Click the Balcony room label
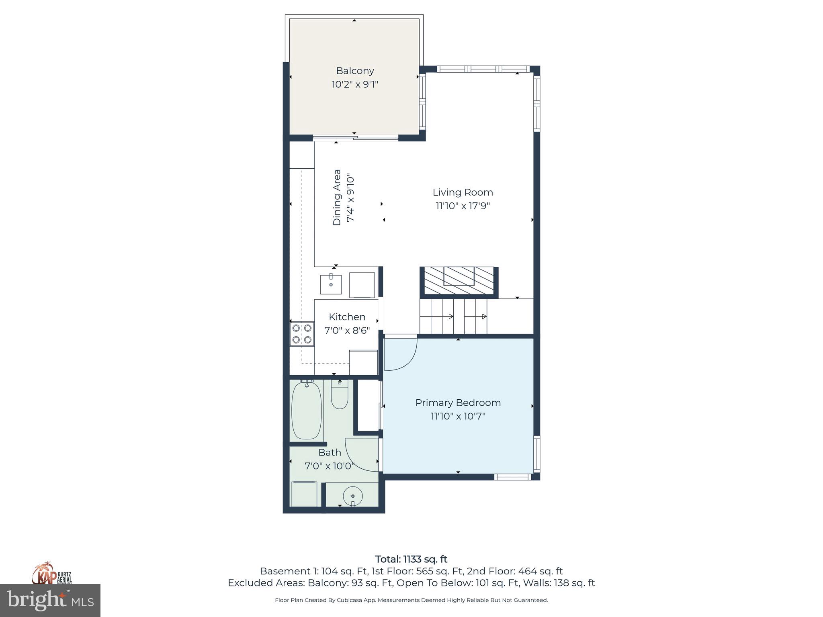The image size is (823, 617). point(355,71)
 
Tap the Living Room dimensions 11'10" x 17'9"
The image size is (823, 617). point(463,206)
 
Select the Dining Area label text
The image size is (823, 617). point(337,197)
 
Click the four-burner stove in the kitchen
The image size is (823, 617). point(302,334)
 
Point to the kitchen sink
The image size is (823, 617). point(331,284)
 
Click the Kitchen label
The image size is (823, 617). point(347,317)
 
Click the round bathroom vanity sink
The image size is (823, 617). point(353,496)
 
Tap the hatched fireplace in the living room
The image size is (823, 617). point(459,281)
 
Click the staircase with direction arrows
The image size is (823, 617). point(453,317)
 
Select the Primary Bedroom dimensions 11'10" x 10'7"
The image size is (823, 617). point(458,416)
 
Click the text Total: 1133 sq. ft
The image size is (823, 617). point(411,559)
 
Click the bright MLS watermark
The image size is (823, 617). point(50,601)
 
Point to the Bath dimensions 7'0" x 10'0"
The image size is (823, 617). point(330,466)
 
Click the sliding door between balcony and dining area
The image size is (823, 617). point(355,139)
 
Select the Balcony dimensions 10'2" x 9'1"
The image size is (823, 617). point(355,84)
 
